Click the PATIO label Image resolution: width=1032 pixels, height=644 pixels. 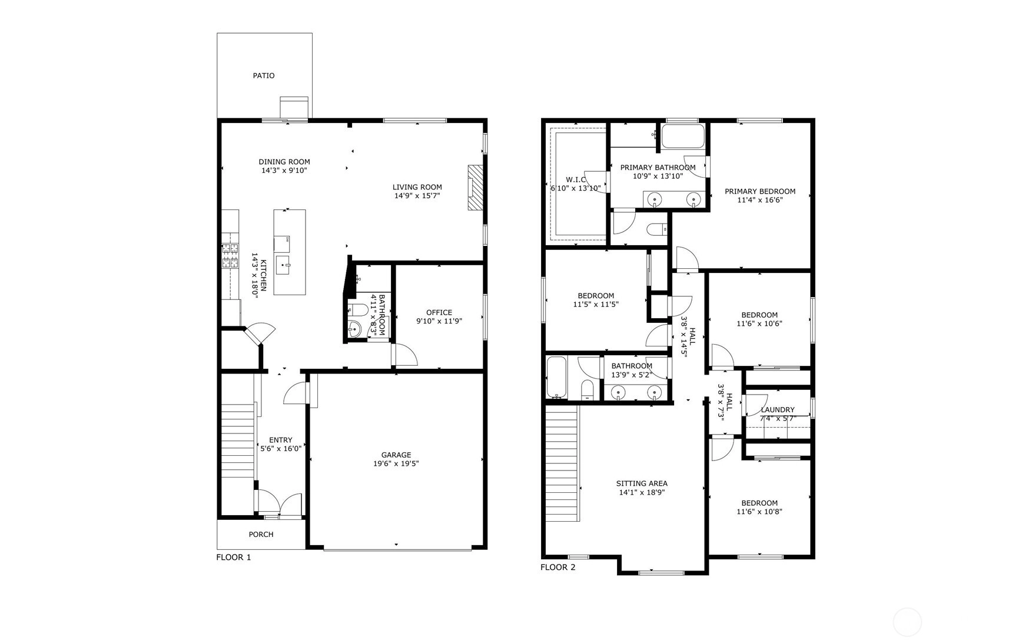(264, 76)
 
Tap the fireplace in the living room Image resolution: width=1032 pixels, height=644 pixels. (474, 188)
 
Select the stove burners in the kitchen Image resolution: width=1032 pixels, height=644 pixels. (230, 256)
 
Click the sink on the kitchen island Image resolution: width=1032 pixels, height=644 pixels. (283, 265)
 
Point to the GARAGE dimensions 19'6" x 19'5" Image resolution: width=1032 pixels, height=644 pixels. (396, 463)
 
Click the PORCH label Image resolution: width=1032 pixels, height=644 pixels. (261, 535)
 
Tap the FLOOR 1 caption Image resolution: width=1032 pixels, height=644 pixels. (234, 558)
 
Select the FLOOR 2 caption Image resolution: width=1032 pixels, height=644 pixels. (558, 568)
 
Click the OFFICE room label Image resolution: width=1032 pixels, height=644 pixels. (439, 313)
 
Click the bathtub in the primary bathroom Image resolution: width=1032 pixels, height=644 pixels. (682, 136)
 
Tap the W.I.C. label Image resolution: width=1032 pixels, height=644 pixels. (576, 179)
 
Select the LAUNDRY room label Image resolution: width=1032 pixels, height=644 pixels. (778, 410)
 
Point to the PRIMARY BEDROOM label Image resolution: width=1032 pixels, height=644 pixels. (760, 191)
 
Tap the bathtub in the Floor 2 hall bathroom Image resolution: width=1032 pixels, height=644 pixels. (556, 378)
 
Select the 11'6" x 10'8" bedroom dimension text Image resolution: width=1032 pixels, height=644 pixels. (759, 512)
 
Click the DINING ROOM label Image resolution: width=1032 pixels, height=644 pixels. (284, 162)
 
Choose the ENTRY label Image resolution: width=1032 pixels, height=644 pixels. (281, 440)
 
